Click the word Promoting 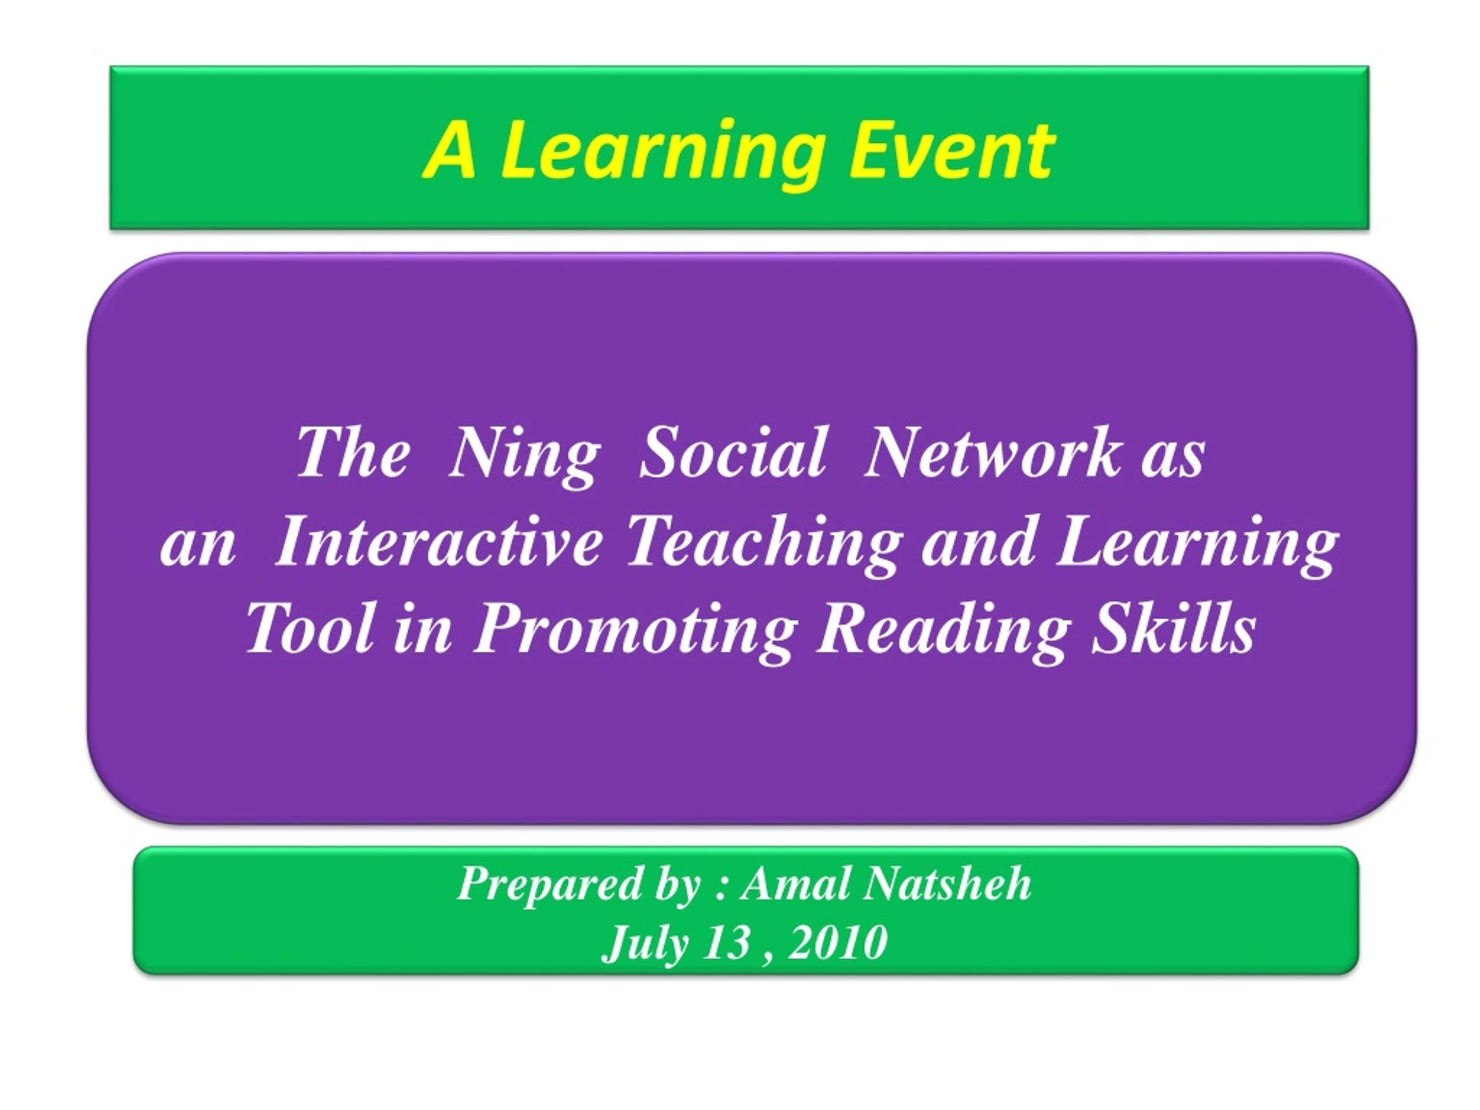pos(635,632)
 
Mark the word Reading pos(939,632)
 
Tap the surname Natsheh pos(945,883)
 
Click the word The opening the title pos(353,452)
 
